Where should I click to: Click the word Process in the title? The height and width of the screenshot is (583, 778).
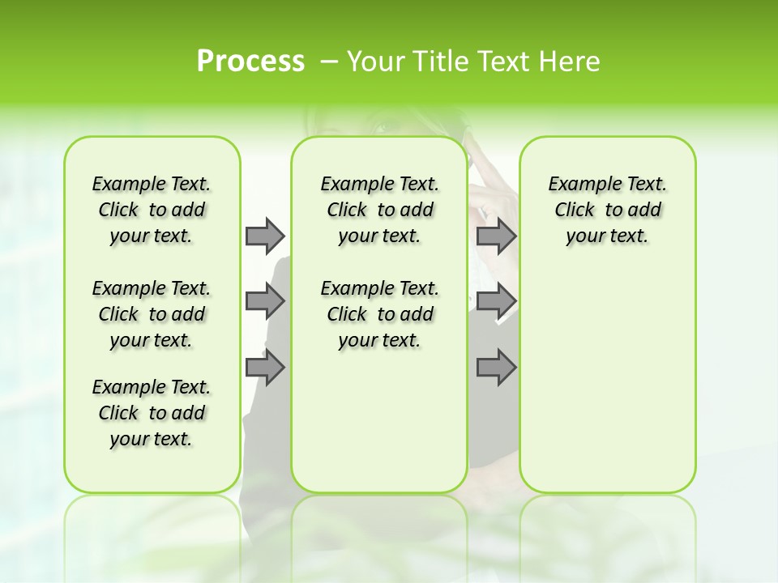pos(250,61)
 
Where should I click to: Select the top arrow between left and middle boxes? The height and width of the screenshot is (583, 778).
pos(265,236)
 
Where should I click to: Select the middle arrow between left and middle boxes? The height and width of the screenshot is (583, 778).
pos(265,301)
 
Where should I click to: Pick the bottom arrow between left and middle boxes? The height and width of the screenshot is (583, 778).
pos(265,368)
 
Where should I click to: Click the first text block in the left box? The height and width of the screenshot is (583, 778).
pos(152,210)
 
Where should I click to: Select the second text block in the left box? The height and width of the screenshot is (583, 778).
pos(152,314)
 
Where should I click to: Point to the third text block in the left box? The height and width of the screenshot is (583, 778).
pos(152,413)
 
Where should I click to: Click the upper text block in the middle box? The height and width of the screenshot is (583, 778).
pos(379,210)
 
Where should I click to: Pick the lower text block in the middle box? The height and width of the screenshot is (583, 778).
pos(379,314)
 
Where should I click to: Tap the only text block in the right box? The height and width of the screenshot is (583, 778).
pos(607,210)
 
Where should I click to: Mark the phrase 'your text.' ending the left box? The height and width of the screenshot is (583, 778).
pos(152,439)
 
